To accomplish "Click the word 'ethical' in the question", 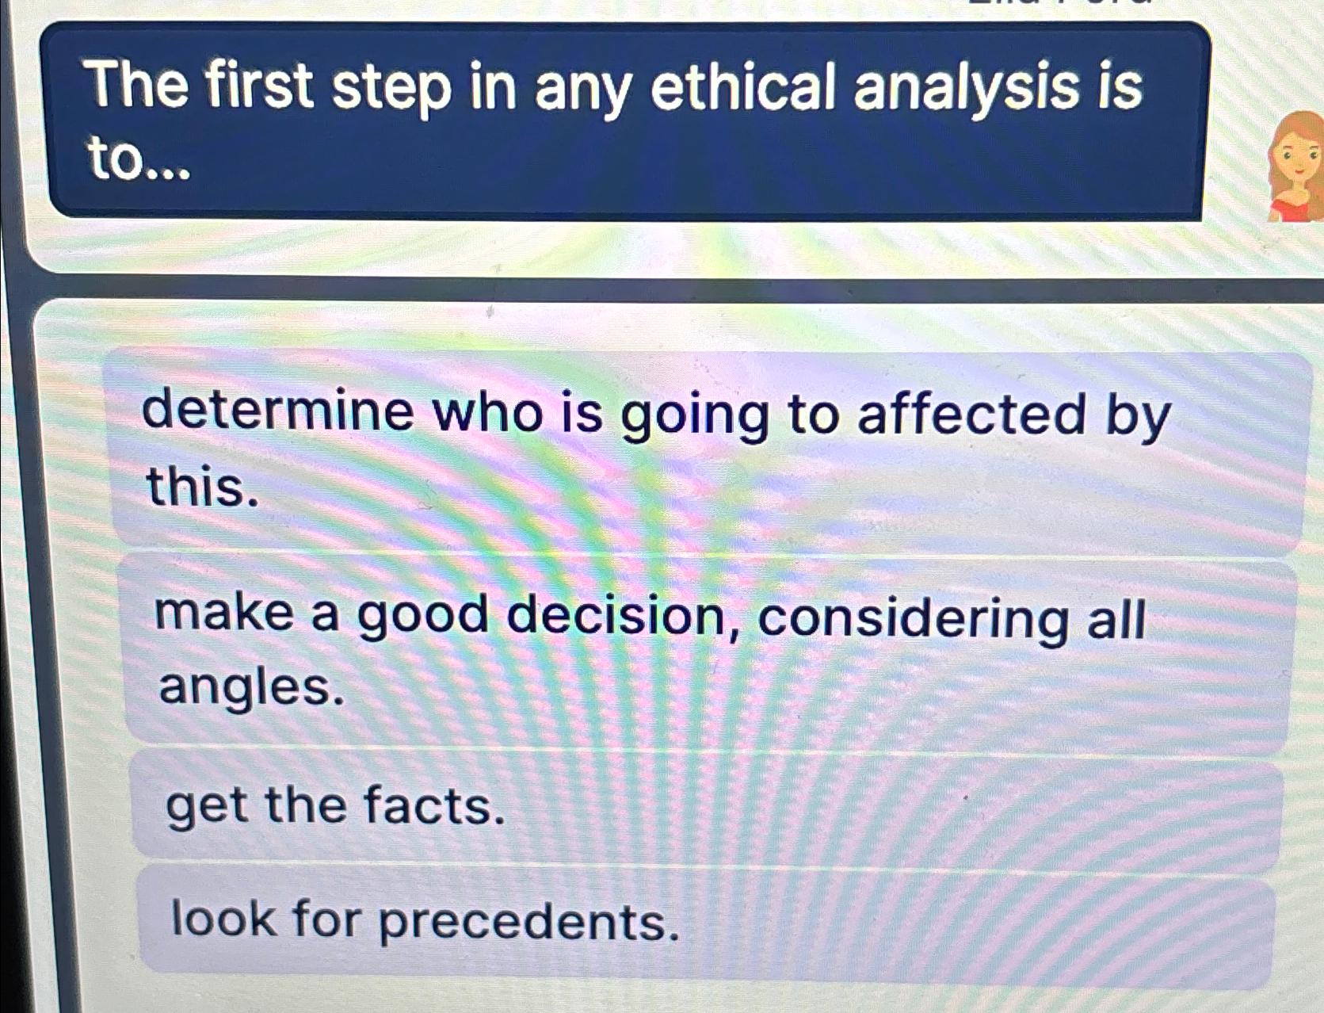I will click(742, 87).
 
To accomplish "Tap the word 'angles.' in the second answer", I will click(252, 686).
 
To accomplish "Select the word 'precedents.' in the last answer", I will click(528, 922).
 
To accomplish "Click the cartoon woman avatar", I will click(1296, 166).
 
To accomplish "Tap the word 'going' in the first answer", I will click(694, 416).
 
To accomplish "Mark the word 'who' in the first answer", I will click(489, 412).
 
